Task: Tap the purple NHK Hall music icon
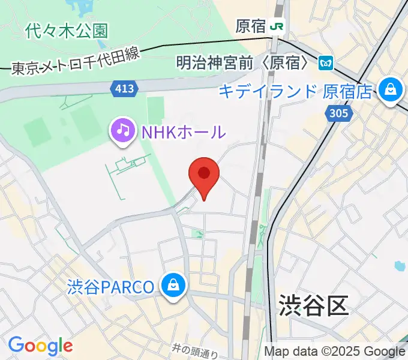coord(123,130)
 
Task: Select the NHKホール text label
coord(183,131)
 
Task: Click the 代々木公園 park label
coord(67,30)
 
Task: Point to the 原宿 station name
coord(251,26)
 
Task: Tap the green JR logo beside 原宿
coord(277,26)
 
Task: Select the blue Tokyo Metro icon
coord(326,62)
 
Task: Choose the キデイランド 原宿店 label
coord(295,92)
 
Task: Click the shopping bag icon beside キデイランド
coord(391,91)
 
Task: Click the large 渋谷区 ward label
coord(313,306)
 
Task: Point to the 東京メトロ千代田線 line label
coord(75,61)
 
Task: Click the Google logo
coord(40,346)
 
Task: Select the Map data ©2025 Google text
coord(335,351)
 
